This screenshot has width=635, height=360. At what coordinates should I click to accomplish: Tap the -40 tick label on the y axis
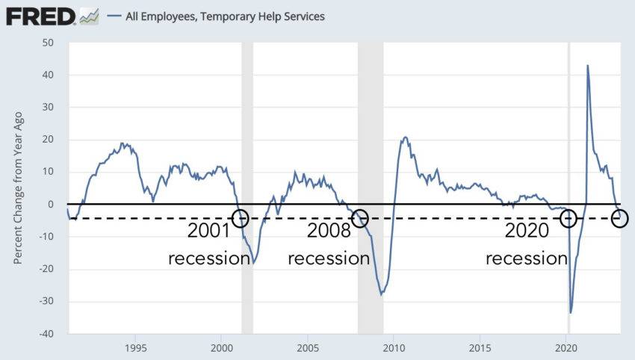tap(46, 334)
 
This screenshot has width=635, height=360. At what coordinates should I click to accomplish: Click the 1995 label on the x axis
tap(135, 348)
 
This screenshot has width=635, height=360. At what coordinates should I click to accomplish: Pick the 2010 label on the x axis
tap(394, 348)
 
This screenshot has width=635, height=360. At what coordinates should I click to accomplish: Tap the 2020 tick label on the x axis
tap(566, 348)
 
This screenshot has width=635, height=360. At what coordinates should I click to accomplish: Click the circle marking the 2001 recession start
tap(240, 218)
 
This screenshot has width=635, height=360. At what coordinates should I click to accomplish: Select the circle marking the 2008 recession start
tap(360, 218)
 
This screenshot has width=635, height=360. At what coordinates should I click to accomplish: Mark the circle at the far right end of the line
tap(619, 218)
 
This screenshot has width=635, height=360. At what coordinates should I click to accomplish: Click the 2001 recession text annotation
tap(208, 244)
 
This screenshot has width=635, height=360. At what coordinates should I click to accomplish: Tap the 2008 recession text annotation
tap(329, 244)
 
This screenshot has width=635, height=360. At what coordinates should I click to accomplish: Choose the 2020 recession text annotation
tap(527, 244)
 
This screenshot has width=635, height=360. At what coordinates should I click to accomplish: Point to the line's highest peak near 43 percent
tap(587, 66)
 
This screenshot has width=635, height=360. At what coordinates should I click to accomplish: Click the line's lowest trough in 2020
tap(571, 313)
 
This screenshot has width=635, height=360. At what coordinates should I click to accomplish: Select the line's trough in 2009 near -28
tap(381, 294)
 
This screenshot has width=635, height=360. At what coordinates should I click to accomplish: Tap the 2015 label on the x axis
tap(480, 348)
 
